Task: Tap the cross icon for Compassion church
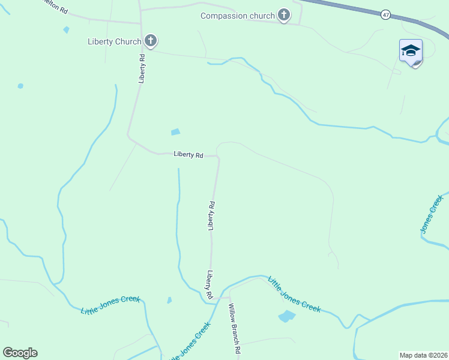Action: coord(284,16)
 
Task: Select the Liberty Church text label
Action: coord(114,41)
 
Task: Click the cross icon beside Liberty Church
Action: coord(151,41)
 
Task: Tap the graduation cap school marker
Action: coord(411,51)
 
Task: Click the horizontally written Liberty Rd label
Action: coord(188,154)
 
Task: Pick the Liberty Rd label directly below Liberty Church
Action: coord(142,68)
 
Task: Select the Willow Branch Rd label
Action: coord(234,328)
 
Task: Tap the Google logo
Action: coord(20,353)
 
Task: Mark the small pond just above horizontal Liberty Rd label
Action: coord(175,132)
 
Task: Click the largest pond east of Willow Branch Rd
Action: coord(287,316)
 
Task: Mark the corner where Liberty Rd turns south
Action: coord(218,157)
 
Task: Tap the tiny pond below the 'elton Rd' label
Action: coord(66,29)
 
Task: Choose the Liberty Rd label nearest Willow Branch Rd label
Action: coord(210,285)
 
